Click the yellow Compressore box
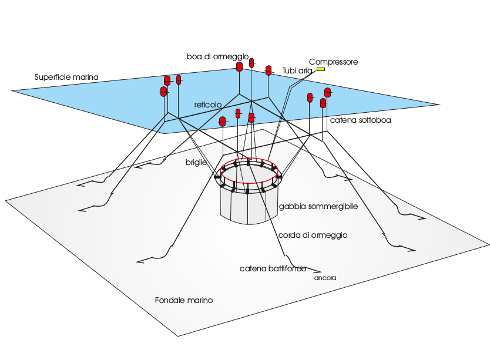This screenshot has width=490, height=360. coord(321,69)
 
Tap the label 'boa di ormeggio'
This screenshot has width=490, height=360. coord(210,56)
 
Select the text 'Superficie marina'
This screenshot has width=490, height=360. coord(66,77)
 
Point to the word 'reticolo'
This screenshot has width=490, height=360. coord(208,105)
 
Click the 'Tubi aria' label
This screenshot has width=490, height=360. coord(297,70)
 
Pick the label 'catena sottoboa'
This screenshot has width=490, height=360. coord(360,120)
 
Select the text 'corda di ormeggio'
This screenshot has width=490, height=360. coord(313,235)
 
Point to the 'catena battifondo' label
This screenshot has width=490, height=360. coord(273,268)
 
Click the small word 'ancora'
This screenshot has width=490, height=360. coord(325,278)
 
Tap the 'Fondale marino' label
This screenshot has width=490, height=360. coord(184,300)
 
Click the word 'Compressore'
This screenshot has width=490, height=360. coord(333,62)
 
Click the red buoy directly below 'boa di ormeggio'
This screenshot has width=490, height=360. coord(239,66)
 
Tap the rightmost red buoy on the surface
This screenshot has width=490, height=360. coord(328,92)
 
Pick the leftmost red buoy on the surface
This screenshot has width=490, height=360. coord(164,91)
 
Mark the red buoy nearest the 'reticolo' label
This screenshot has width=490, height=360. coord(223,122)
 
